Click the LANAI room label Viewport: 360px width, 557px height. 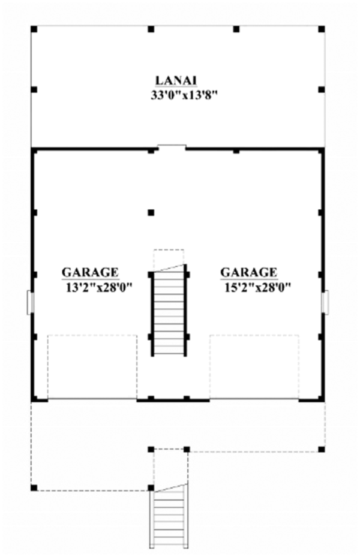(x=177, y=80)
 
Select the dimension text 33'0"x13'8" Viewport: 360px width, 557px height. (x=183, y=95)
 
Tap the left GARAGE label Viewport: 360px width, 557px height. (x=90, y=273)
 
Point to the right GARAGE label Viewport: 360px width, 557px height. (x=248, y=273)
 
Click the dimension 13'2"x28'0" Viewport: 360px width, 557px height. (x=99, y=288)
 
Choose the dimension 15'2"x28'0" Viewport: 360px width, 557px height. (x=258, y=288)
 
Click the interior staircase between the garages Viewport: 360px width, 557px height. (x=169, y=312)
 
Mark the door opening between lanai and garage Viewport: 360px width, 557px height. (x=172, y=147)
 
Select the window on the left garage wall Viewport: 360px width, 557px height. (x=30, y=302)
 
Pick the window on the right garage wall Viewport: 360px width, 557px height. (x=325, y=302)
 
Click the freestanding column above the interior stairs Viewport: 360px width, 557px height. (x=151, y=212)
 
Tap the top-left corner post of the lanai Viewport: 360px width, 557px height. (x=34, y=29)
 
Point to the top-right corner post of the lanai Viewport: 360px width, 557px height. (x=321, y=29)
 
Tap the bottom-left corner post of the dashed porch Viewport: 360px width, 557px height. (x=34, y=487)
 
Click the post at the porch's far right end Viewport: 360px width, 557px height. (x=322, y=449)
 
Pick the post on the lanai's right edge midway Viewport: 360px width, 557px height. (x=321, y=90)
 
